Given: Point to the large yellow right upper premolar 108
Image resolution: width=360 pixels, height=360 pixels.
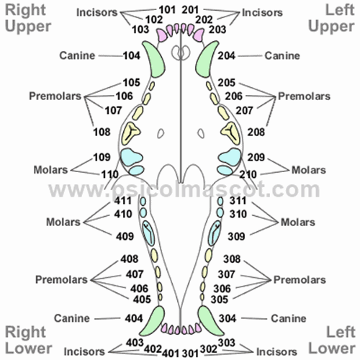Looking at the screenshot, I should point(132,131).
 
